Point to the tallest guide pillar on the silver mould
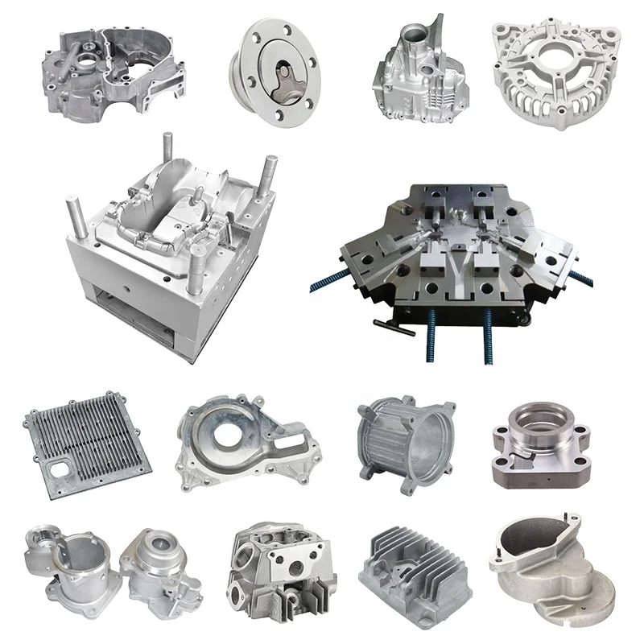pos(167,157)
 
